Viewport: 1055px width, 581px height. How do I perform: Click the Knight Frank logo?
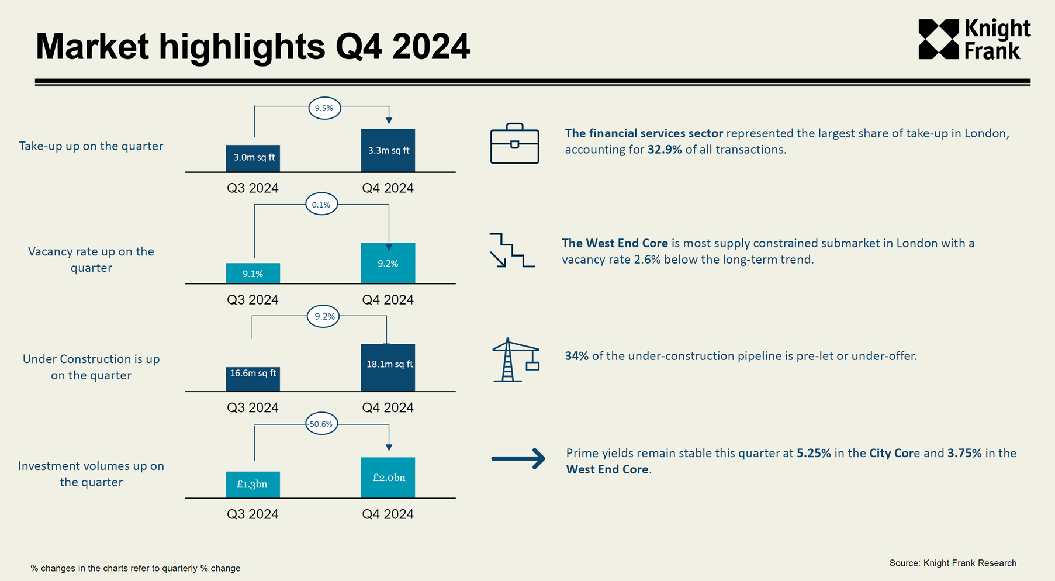pos(974,39)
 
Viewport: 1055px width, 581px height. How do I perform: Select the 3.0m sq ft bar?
pos(252,158)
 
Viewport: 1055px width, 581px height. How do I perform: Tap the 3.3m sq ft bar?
pos(388,150)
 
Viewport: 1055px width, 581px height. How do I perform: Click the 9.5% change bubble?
pos(324,108)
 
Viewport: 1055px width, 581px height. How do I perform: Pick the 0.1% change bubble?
pos(321,205)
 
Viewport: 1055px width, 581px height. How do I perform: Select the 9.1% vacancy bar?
pos(252,274)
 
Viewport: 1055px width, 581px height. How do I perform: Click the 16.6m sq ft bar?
pos(252,379)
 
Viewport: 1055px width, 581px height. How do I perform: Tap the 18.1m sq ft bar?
pos(388,367)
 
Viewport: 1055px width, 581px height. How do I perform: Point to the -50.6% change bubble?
pos(321,424)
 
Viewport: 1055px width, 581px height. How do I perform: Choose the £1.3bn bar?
pos(252,485)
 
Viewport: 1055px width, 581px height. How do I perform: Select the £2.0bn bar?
pos(388,478)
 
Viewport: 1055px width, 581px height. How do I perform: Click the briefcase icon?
pos(514,144)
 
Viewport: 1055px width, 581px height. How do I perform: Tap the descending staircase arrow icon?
pos(511,250)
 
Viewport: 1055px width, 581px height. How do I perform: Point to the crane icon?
pos(515,360)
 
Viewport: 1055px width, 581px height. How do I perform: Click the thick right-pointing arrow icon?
pos(518,458)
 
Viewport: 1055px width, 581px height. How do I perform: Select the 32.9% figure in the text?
pos(665,150)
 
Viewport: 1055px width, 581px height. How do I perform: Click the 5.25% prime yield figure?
pos(814,453)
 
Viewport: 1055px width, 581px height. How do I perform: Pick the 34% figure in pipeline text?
pos(576,356)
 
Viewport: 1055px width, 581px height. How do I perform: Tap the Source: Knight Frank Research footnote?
pos(953,563)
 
